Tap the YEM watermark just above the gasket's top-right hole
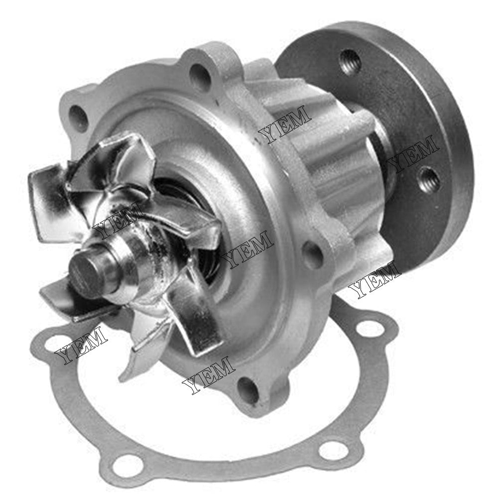(374, 280)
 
